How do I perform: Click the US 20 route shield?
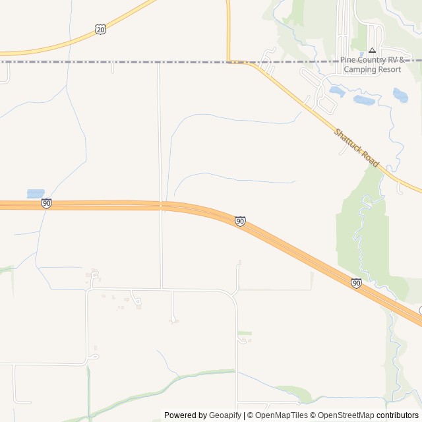(x=100, y=29)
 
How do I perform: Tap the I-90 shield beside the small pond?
(x=46, y=204)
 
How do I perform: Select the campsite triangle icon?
(x=372, y=50)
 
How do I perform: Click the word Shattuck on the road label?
(x=347, y=140)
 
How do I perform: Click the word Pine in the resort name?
(x=348, y=60)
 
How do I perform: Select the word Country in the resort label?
(x=373, y=60)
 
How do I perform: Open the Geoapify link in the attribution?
(x=225, y=415)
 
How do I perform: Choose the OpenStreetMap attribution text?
(x=347, y=415)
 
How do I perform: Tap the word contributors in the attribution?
(x=398, y=415)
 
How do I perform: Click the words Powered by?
(x=185, y=415)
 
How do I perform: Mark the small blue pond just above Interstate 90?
(x=36, y=194)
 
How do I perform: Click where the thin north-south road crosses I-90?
(x=160, y=206)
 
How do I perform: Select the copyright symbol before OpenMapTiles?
(x=250, y=415)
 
